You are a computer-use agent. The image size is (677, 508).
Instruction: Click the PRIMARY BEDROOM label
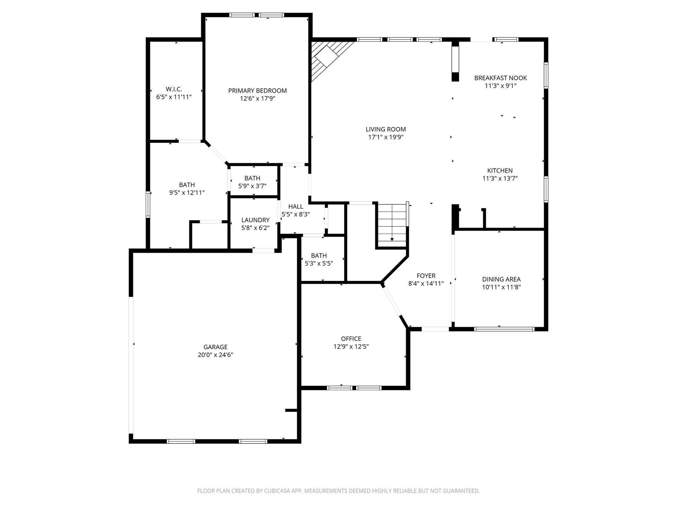tap(257, 91)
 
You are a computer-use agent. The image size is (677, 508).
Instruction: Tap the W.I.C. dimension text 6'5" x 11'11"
tap(174, 97)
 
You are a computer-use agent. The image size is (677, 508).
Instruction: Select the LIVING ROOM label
tap(385, 129)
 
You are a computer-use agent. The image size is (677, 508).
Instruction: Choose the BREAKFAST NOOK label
tap(500, 78)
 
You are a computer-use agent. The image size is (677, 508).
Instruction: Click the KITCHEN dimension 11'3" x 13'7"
tap(500, 179)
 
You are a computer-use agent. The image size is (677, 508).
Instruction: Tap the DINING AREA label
tap(501, 279)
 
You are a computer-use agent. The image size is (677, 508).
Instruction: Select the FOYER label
tap(426, 276)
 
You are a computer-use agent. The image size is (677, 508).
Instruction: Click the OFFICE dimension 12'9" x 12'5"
tap(351, 347)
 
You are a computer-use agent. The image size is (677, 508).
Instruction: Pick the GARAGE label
tap(215, 347)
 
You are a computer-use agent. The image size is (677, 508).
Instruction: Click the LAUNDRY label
tap(255, 220)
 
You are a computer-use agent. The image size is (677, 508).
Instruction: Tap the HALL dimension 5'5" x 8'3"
tap(296, 214)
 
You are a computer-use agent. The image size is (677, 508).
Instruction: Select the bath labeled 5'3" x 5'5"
tap(319, 260)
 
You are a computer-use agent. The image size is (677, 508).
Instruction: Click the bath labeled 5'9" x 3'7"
tap(252, 182)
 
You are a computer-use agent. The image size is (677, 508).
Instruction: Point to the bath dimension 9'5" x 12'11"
tap(187, 193)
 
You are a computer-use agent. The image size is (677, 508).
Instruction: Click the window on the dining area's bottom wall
tap(504, 329)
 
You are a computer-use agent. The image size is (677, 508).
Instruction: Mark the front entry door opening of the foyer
tap(435, 329)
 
